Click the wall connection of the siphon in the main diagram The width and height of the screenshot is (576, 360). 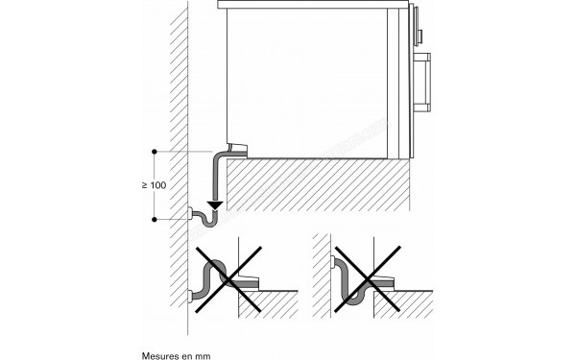coord(196,211)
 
